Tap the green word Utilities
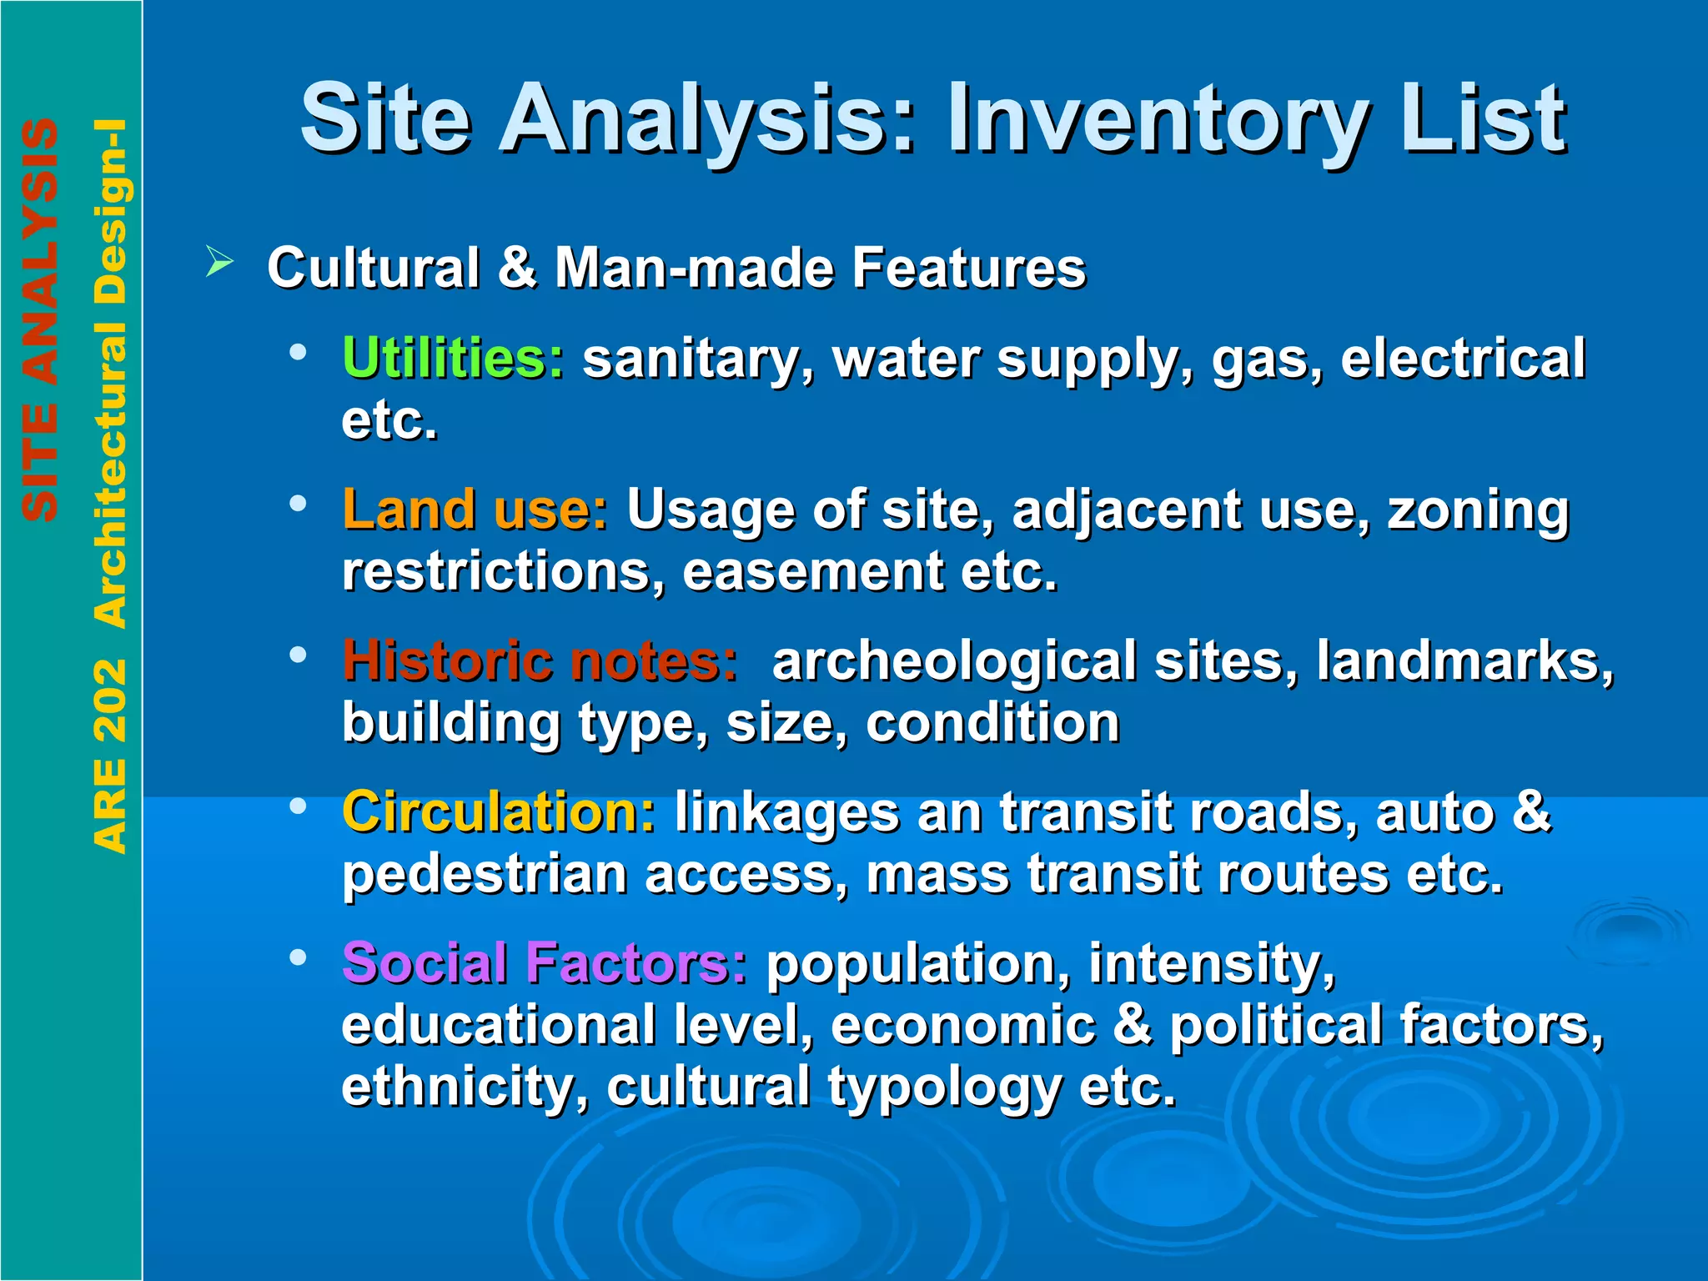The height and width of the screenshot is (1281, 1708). (x=453, y=359)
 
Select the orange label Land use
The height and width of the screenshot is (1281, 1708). (x=475, y=510)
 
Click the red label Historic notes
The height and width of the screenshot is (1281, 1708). (x=540, y=661)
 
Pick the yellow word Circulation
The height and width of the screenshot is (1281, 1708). (x=499, y=812)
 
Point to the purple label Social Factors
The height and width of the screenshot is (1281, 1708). (x=545, y=963)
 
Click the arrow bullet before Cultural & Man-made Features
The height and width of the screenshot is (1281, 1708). (x=219, y=264)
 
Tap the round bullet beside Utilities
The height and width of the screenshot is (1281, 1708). (x=298, y=352)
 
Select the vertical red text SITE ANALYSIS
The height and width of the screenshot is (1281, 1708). (x=40, y=320)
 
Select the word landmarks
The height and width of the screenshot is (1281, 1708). (x=1464, y=661)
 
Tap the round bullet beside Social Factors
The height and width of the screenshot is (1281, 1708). (x=298, y=957)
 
